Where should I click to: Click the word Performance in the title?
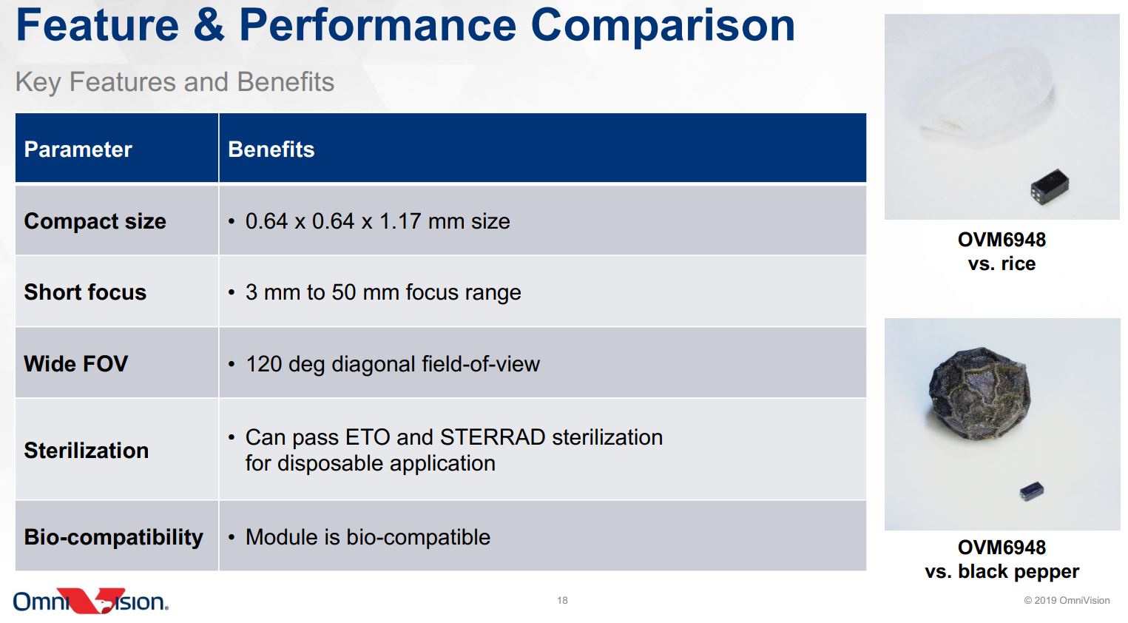pos(378,25)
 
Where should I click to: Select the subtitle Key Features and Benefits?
pos(175,82)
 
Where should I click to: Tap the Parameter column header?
pos(78,149)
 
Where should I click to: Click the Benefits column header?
pos(271,149)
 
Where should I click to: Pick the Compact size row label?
pos(95,221)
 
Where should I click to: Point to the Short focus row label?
pos(85,292)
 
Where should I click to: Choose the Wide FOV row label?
pos(76,363)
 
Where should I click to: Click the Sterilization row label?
pos(86,451)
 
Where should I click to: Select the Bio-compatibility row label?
pos(113,537)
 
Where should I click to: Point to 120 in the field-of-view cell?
pos(264,363)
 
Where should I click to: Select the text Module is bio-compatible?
pos(368,537)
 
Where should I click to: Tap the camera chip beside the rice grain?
pos(1050,186)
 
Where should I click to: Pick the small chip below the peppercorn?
pos(1031,491)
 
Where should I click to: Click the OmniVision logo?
pos(91,601)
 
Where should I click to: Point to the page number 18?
pos(562,600)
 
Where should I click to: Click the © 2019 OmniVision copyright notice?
pos(1067,600)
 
